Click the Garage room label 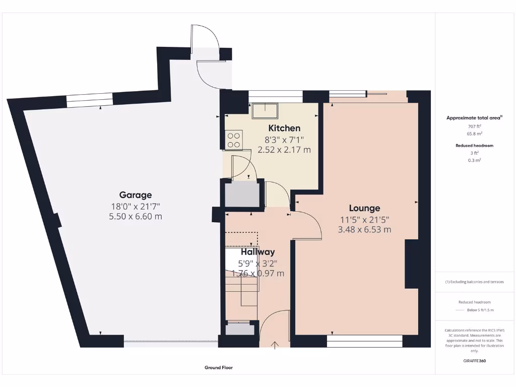[135, 195]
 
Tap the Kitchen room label [284, 128]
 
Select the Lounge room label [364, 208]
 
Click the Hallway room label [257, 252]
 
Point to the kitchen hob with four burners [234, 140]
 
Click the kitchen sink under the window [266, 110]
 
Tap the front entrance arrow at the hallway [275, 345]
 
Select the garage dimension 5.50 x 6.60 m [135, 216]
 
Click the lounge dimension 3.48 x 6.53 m [364, 230]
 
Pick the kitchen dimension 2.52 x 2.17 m [284, 150]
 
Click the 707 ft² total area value [475, 126]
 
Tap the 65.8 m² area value [475, 134]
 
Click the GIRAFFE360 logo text [475, 361]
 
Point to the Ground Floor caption [219, 368]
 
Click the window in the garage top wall [90, 101]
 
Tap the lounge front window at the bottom [364, 342]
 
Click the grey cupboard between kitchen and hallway [241, 195]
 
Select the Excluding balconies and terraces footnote [474, 282]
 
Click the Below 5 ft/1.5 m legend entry [480, 310]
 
